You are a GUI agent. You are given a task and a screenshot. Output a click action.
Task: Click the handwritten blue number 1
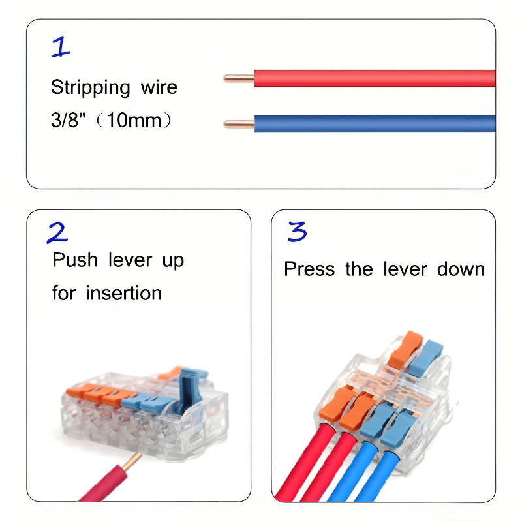pos(60,47)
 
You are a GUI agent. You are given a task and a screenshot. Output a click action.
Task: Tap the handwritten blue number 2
pos(57,233)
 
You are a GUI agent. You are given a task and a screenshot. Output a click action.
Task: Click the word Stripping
pos(90,87)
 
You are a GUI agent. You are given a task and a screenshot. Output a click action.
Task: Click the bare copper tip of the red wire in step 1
pos(238,78)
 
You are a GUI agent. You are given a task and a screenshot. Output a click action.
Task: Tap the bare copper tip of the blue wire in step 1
pos(238,123)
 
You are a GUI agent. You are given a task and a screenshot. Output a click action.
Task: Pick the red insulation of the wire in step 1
pos(372,78)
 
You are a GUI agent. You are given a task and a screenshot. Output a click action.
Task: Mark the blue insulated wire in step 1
pos(372,123)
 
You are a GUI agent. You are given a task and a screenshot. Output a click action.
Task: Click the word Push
pos(74,260)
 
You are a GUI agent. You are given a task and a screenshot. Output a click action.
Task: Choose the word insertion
pos(123,293)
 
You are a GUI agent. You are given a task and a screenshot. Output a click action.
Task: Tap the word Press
pos(311,269)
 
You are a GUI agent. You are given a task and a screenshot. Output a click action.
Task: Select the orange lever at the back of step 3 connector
pos(404,347)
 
